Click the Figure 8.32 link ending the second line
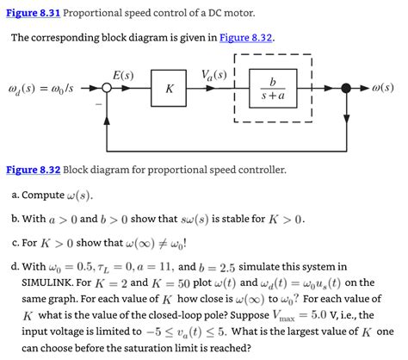[x=246, y=39]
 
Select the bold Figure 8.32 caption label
[x=32, y=170]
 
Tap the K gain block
[x=170, y=90]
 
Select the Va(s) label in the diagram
[x=213, y=75]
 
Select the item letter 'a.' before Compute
[x=15, y=196]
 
